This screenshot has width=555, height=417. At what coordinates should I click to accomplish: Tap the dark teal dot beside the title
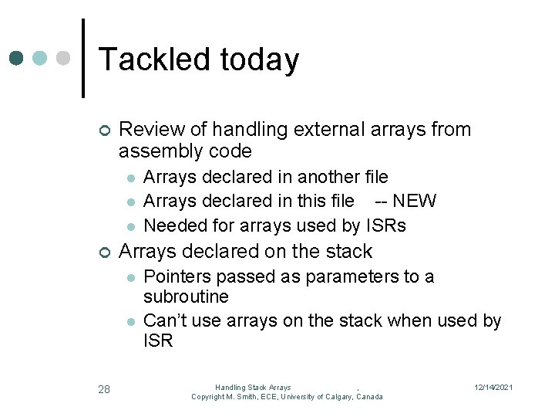click(17, 59)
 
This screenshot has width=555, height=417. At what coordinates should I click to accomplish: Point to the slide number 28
click(104, 389)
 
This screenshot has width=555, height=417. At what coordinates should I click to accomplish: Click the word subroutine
click(187, 297)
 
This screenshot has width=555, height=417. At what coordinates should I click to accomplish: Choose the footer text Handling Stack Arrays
click(253, 387)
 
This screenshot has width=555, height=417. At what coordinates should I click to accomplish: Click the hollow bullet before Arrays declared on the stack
click(105, 252)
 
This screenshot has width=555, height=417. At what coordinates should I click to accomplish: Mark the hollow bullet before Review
click(105, 130)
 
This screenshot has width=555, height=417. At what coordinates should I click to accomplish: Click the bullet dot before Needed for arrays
click(131, 226)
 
